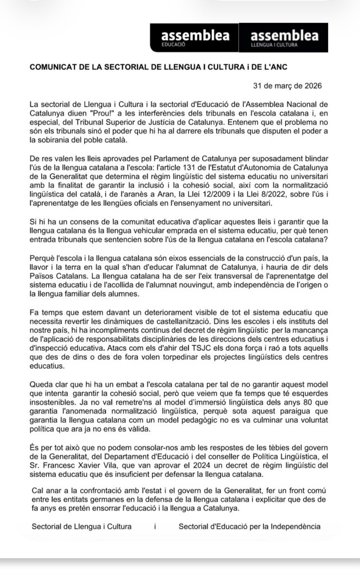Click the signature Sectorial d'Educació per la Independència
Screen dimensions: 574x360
pos(250,526)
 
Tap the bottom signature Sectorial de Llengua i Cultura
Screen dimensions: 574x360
pos(82,526)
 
